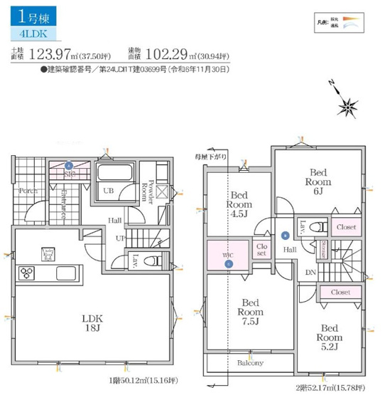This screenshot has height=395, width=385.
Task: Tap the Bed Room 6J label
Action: pos(316,181)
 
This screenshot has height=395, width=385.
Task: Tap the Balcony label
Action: pos(249,363)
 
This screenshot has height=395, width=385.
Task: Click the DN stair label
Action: pos(310,273)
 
